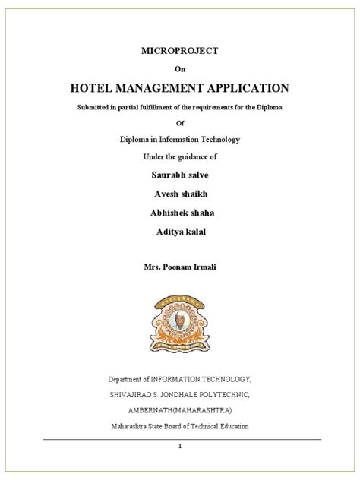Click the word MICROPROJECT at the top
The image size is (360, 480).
[x=180, y=50]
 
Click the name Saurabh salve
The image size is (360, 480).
[x=180, y=175]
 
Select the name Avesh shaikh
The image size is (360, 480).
[x=180, y=193]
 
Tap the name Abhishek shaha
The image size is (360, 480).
[x=180, y=212]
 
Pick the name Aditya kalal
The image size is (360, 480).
[x=180, y=231]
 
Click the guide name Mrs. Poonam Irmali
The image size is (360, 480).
[x=180, y=269]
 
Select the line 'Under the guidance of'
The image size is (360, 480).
[x=180, y=156]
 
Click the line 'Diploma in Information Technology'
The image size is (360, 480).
[x=180, y=138]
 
